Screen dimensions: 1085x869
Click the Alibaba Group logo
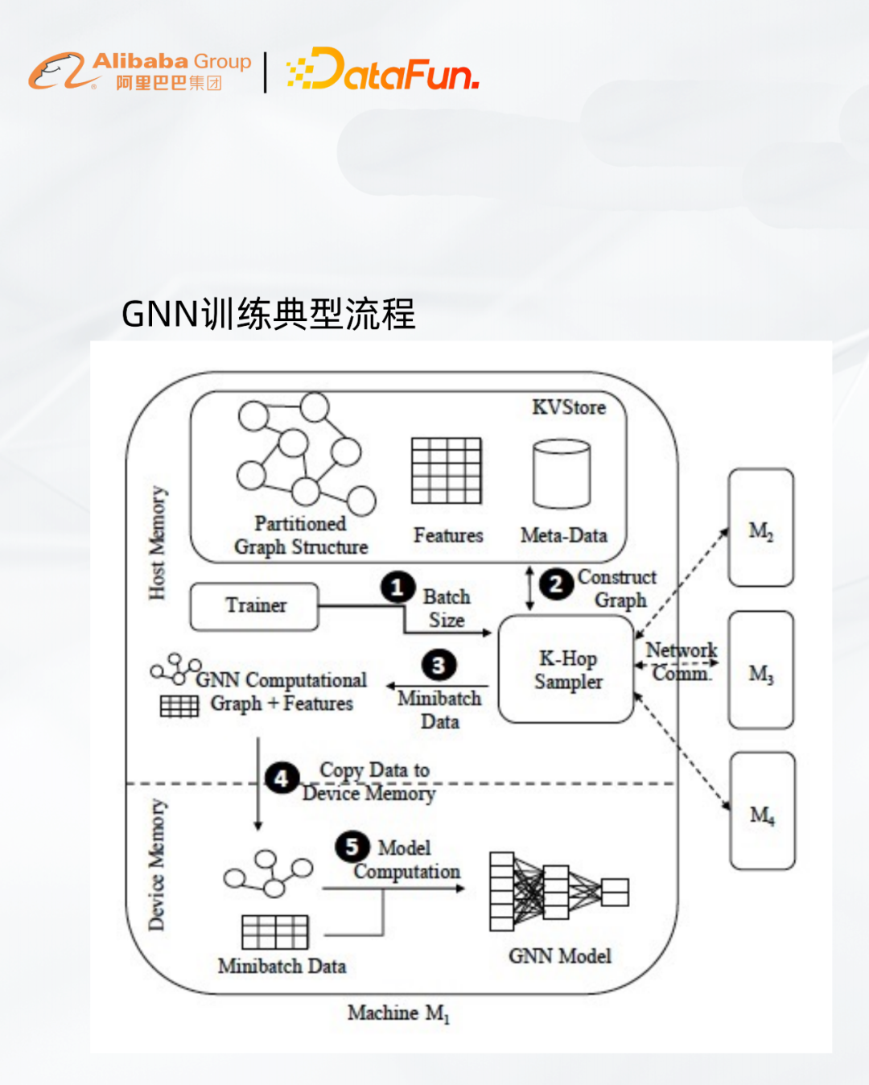coord(140,71)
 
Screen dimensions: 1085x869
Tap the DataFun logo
coord(383,69)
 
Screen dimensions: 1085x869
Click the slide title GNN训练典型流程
coord(268,314)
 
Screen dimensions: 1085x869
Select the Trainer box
coord(254,606)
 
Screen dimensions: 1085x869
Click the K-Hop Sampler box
coord(566,670)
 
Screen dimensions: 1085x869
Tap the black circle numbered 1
coord(397,588)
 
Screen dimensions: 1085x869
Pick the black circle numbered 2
coord(556,584)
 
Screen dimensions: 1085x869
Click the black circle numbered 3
coord(439,665)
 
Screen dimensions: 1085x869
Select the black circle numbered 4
coord(282,778)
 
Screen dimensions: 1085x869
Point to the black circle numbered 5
coord(352,847)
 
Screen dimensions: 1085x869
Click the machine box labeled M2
coord(760,528)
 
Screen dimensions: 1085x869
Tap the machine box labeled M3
coord(760,670)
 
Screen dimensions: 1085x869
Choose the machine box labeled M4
coord(761,811)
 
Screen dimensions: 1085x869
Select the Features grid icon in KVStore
coord(447,471)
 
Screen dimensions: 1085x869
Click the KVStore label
coord(569,407)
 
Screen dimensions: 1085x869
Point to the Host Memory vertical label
coord(157,542)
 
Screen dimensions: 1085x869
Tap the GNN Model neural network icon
coord(558,892)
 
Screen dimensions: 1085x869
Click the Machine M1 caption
coord(398,1013)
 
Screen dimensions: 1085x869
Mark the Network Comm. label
coord(681,661)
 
